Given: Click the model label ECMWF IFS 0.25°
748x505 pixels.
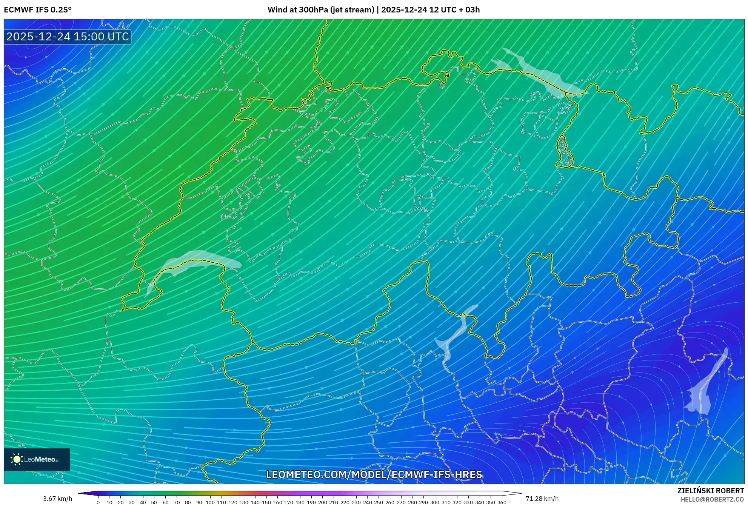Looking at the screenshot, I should point(38,10).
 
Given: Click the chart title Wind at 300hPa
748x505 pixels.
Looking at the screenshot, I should point(298,10).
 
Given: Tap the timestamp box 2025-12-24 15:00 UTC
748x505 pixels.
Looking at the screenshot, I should point(68,37).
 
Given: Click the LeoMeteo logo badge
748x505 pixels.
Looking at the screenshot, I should point(37,459).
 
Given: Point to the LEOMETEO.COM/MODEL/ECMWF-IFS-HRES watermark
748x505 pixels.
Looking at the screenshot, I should point(374,474).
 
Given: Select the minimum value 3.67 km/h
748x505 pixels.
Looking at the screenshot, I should point(57,499).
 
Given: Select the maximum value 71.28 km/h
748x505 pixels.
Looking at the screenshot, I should point(542,499).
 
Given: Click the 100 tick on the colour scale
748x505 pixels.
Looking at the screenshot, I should point(210,502).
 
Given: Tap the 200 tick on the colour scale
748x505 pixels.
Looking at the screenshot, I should point(322,502).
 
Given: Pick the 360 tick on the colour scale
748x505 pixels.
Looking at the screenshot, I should point(502,502).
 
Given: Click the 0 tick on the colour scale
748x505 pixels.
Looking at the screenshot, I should point(98,502).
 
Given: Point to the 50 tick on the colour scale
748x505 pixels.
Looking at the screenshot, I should point(154,502).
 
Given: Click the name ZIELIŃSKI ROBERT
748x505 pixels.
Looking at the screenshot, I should point(711,491).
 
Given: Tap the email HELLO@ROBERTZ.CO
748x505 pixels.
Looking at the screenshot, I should point(712,499).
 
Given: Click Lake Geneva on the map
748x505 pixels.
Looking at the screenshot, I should point(196,260).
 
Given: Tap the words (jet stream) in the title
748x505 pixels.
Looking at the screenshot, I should point(352,10).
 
